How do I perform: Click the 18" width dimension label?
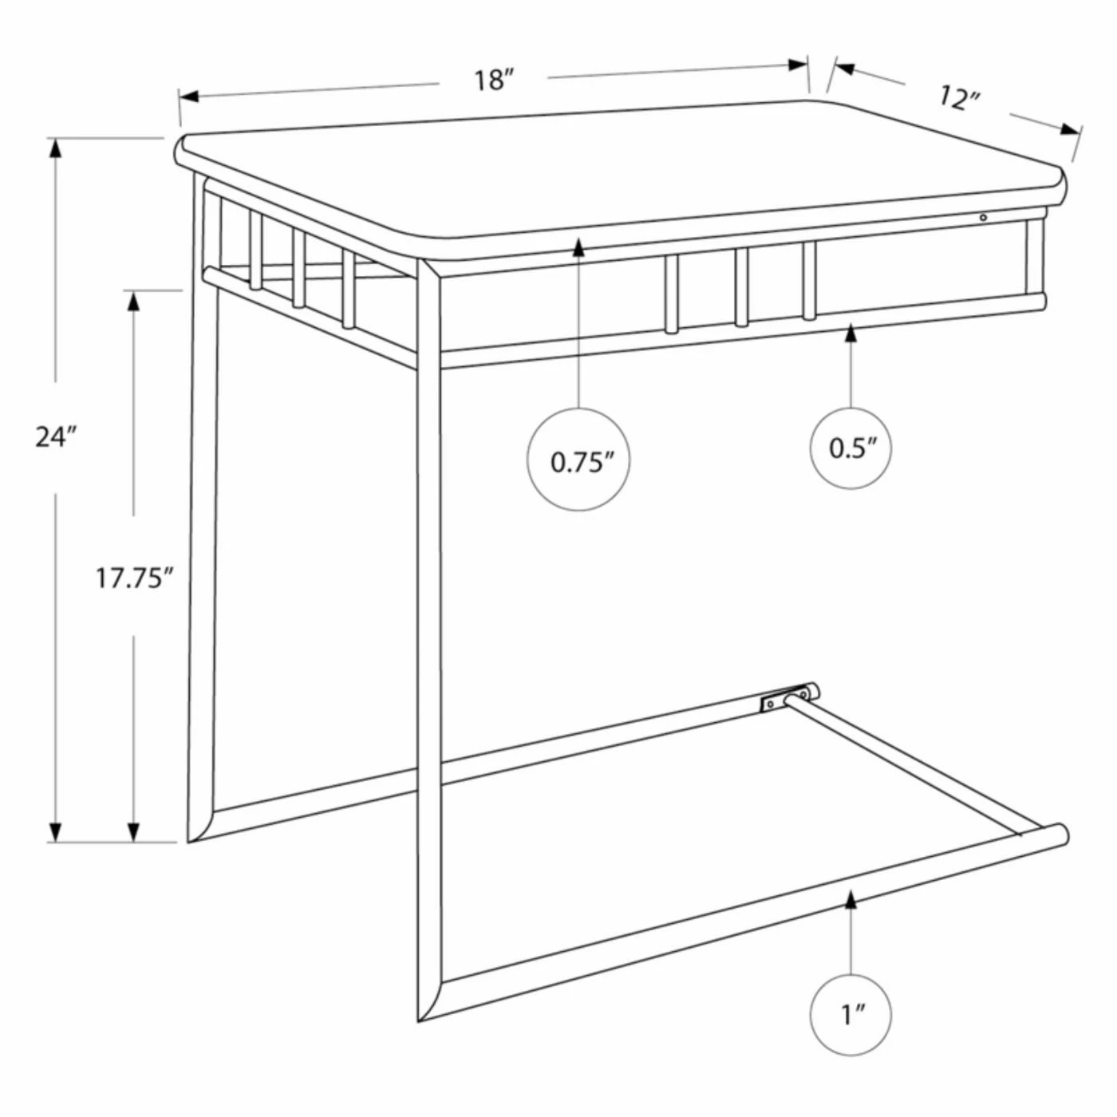click(x=495, y=81)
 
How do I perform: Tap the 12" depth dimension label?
click(x=959, y=98)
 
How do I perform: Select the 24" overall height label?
click(x=56, y=438)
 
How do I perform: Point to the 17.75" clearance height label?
click(x=135, y=578)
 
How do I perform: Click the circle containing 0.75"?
click(x=578, y=460)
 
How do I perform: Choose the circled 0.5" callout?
click(x=851, y=448)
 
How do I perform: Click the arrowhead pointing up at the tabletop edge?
click(x=578, y=247)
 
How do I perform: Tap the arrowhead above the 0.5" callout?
click(x=851, y=334)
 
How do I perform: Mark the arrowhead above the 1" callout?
click(x=851, y=915)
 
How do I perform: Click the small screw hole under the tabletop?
click(x=983, y=217)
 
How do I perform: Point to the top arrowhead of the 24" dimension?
click(x=56, y=148)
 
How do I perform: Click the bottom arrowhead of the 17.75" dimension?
click(x=134, y=832)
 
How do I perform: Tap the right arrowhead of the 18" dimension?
click(x=798, y=65)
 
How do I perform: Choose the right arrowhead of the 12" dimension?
click(x=1072, y=129)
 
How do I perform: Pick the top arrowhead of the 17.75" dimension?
click(x=134, y=301)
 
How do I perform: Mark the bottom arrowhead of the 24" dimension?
click(x=56, y=832)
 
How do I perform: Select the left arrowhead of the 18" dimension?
click(x=189, y=97)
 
